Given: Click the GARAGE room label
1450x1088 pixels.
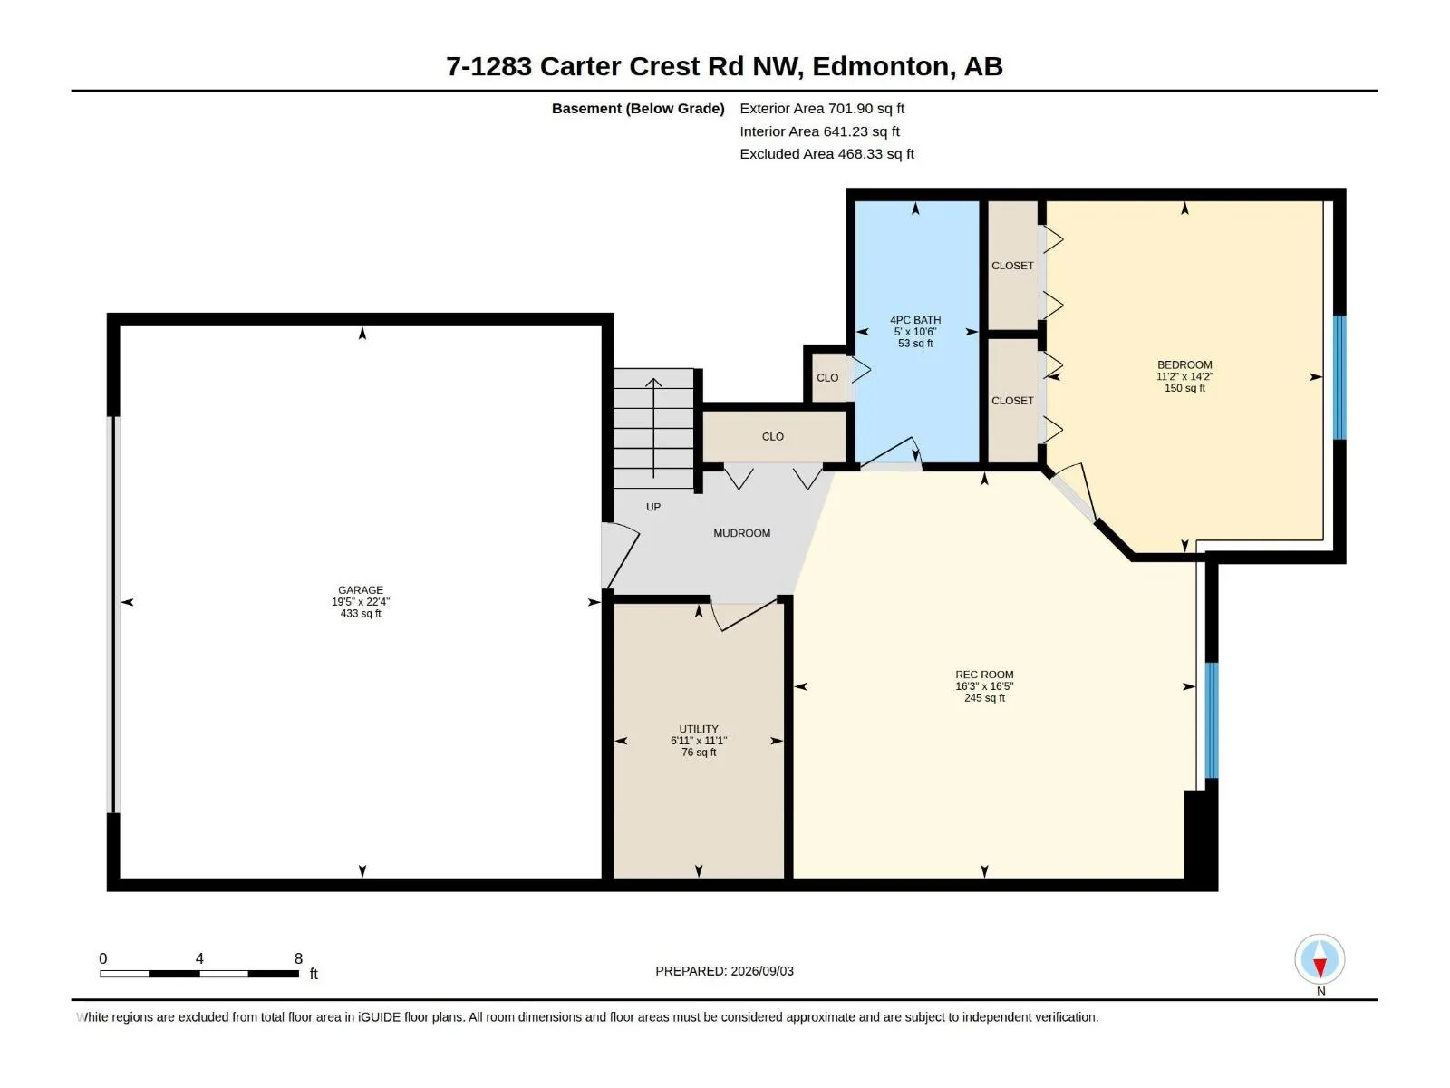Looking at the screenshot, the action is (x=360, y=590).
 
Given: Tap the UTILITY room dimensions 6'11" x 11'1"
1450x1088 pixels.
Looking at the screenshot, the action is (x=698, y=741).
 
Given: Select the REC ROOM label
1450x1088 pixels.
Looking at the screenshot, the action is (x=983, y=675).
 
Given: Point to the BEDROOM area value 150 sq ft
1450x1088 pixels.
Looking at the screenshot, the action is (x=1184, y=388).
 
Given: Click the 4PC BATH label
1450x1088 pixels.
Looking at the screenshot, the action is (x=915, y=320).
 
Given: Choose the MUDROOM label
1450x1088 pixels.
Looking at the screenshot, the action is (x=741, y=533).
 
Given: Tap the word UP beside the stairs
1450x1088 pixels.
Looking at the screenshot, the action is (x=652, y=507).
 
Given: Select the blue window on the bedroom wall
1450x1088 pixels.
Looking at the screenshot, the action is (x=1339, y=377).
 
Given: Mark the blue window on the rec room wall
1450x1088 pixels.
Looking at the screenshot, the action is (x=1211, y=721).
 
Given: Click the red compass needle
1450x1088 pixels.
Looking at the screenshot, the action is (x=1319, y=967).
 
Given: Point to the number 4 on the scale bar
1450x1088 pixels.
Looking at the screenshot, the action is (x=198, y=957).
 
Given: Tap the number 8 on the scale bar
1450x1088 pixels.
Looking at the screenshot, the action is (x=298, y=957).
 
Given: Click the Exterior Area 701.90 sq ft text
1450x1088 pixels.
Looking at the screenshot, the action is (x=822, y=108).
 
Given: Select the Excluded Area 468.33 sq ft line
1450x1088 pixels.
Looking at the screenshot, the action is (x=826, y=154).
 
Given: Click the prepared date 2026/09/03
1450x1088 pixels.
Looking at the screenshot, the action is (x=761, y=971).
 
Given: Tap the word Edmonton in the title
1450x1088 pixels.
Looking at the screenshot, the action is (x=880, y=67).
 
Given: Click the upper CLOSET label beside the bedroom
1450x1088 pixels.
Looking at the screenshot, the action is (x=1012, y=266).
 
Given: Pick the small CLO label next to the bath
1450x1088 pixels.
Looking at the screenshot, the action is (x=827, y=378).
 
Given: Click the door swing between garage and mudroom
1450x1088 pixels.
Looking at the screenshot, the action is (x=620, y=555).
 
